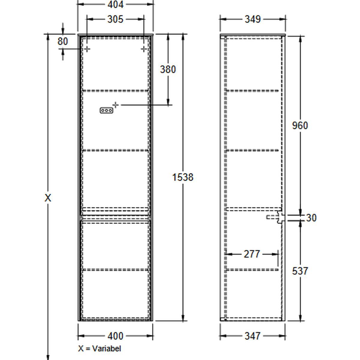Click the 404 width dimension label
point(115,4)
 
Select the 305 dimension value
point(115,19)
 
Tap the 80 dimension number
point(63,41)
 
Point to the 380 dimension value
point(168,69)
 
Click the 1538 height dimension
point(182,177)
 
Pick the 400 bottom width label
point(115,336)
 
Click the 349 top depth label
point(253,19)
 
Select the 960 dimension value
point(300,125)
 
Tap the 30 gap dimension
point(311,218)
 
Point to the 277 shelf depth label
point(252,254)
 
